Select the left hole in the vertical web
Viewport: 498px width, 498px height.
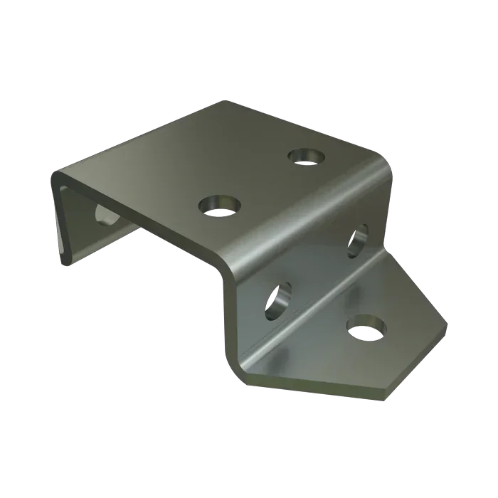tap(278, 300)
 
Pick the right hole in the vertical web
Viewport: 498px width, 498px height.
tap(357, 239)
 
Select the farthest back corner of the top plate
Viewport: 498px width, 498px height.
tap(226, 103)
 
